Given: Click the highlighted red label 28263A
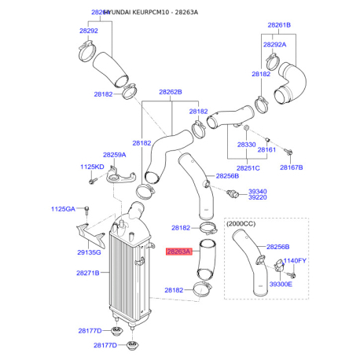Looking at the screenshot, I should click(x=178, y=252).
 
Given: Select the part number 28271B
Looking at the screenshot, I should click(x=87, y=273).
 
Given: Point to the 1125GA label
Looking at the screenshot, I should click(x=64, y=208).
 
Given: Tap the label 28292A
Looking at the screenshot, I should click(x=275, y=45).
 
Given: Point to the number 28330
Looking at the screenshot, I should click(x=246, y=145).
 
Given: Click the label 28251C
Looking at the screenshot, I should click(x=248, y=168).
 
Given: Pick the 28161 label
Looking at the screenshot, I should click(x=267, y=149).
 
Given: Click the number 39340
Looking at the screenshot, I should click(x=259, y=190).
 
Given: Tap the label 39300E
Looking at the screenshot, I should click(x=280, y=284).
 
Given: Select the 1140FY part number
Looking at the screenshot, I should click(x=295, y=260).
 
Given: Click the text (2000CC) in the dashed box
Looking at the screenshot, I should click(x=244, y=225).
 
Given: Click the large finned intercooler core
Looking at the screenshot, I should click(x=126, y=271).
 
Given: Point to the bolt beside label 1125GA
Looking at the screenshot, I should click(x=86, y=211).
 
